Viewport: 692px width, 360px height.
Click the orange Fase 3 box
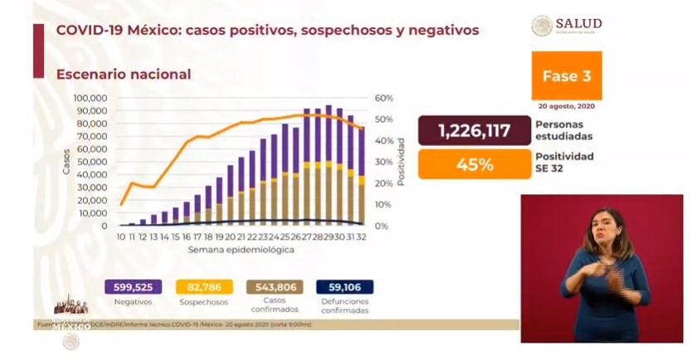(566, 75)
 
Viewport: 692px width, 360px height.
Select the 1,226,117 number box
(475, 131)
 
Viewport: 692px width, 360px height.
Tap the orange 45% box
(475, 163)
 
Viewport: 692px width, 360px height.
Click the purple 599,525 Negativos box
(132, 287)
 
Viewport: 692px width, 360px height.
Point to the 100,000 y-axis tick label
(90, 98)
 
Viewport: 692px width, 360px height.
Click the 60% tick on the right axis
(383, 98)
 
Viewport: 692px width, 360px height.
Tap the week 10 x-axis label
(120, 238)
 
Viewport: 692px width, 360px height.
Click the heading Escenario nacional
(124, 74)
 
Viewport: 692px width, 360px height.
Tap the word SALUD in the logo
(579, 23)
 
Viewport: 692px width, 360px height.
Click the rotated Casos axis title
(66, 162)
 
